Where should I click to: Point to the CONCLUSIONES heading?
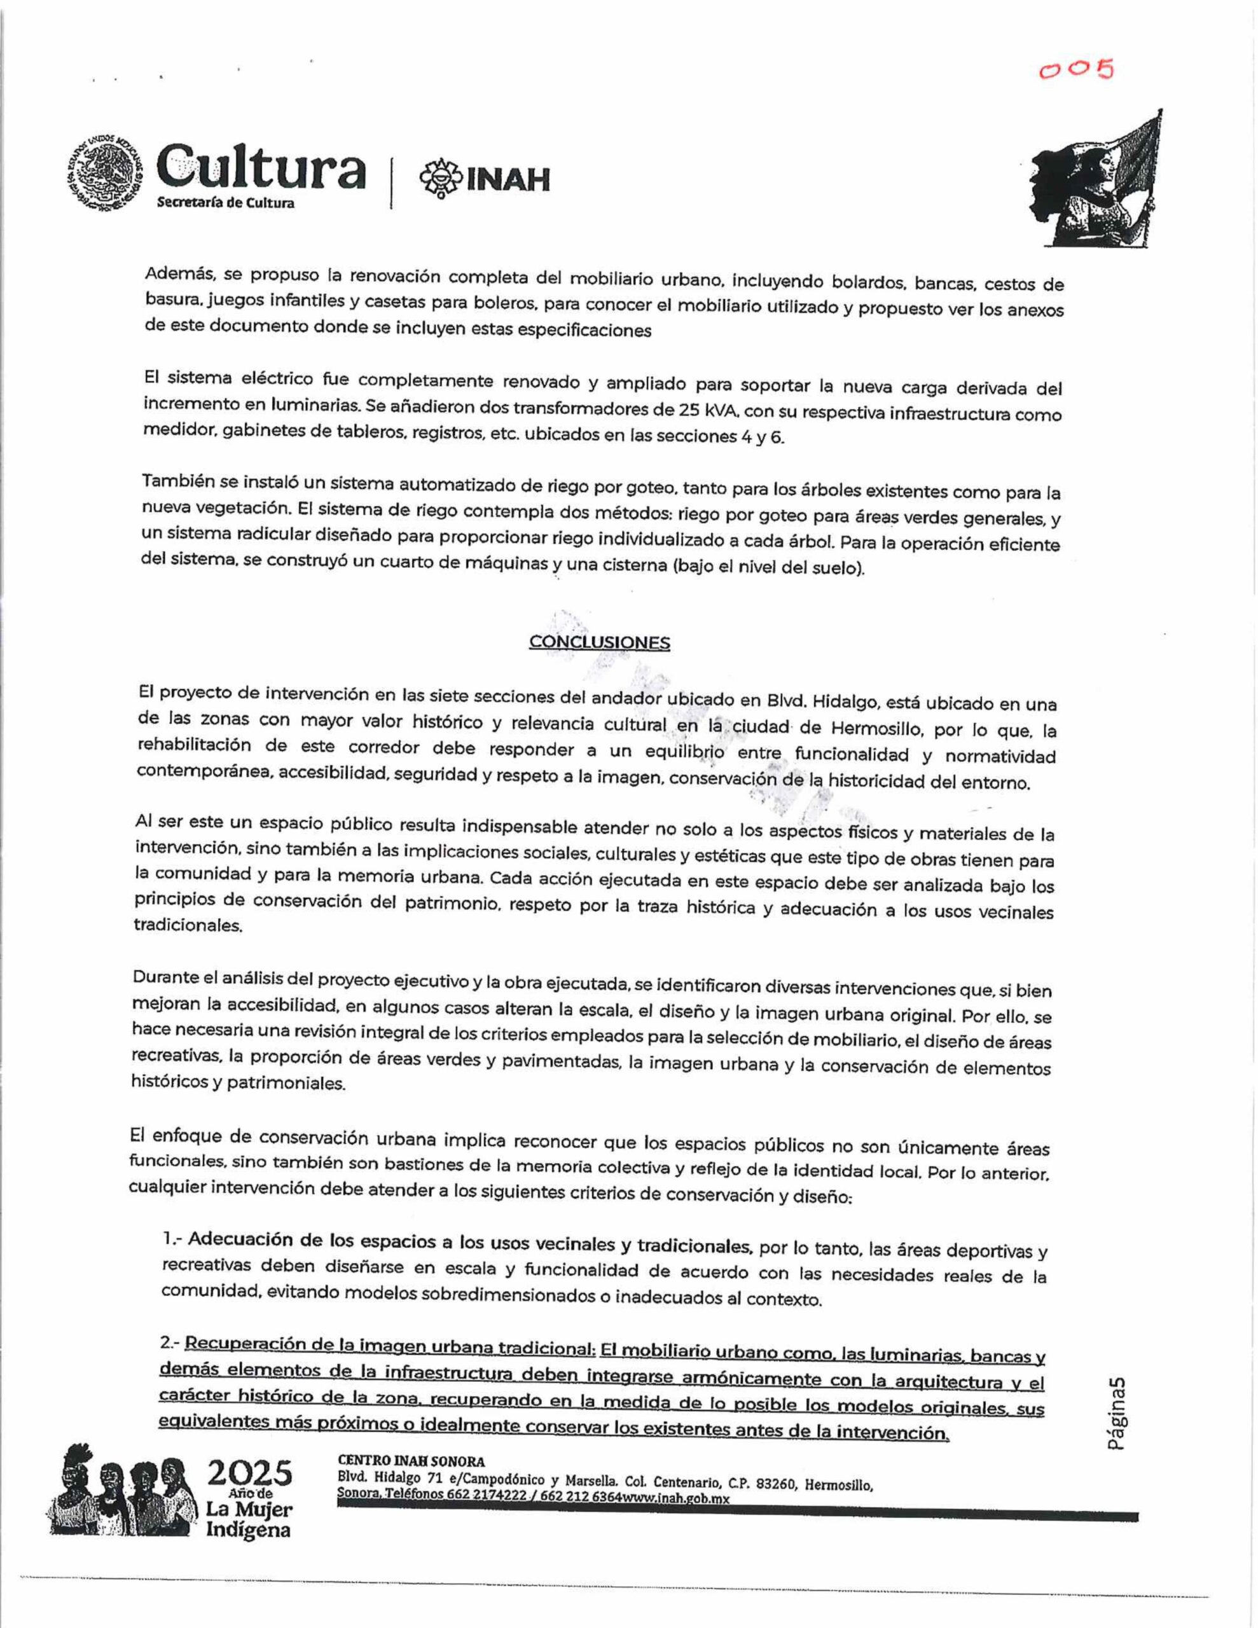tap(599, 642)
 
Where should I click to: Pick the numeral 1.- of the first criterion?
tap(172, 1238)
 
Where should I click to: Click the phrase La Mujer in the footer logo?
tap(249, 1510)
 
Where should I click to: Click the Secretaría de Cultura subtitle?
tap(225, 203)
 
